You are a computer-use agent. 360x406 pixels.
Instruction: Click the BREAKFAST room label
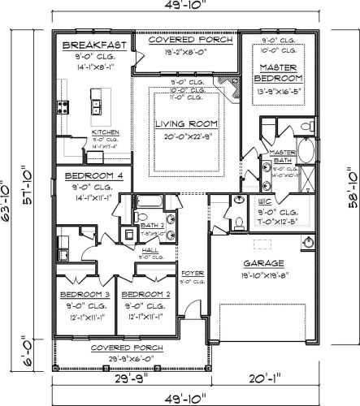point(94,45)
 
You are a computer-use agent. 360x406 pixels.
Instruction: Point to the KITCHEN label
point(105,132)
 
